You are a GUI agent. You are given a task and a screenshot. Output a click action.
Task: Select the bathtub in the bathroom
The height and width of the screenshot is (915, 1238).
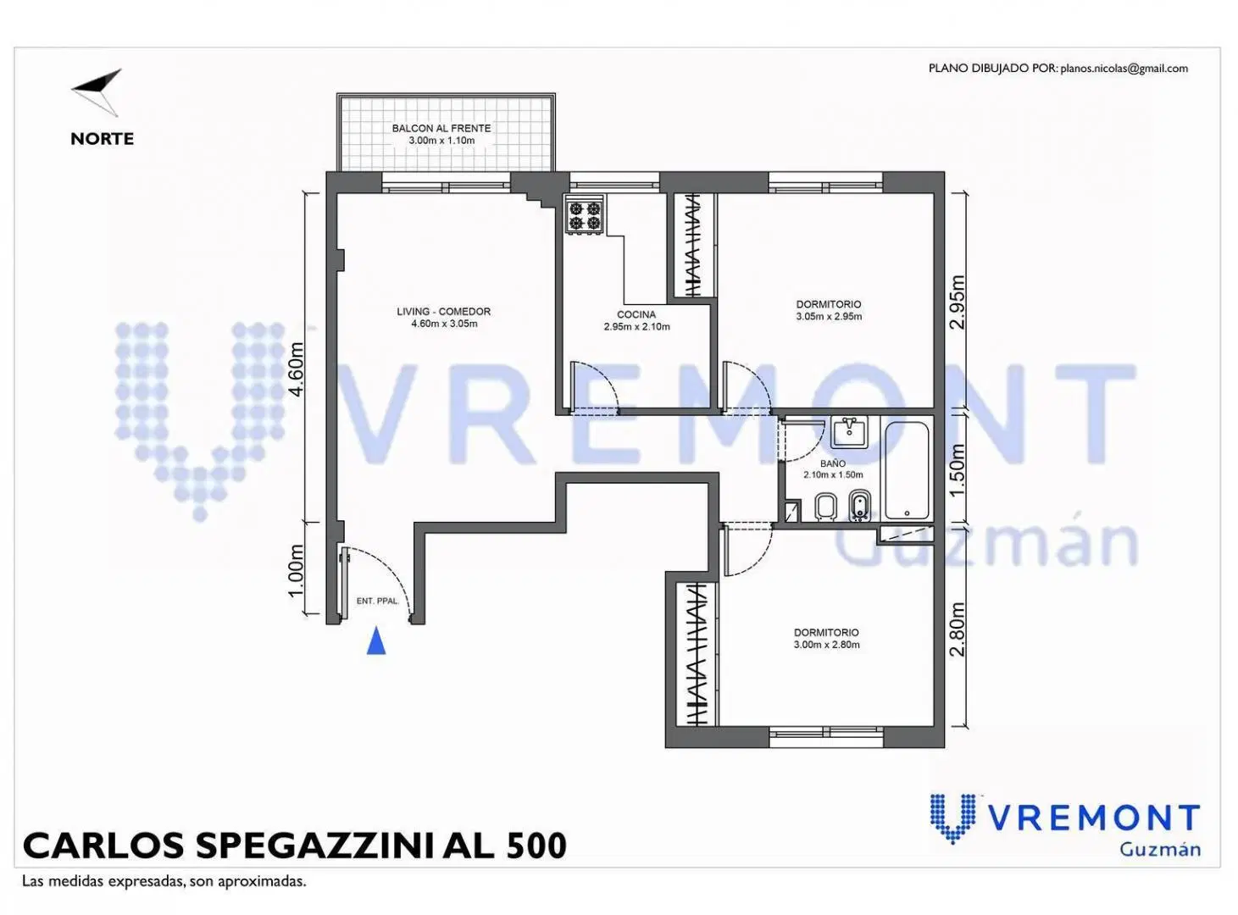(x=907, y=470)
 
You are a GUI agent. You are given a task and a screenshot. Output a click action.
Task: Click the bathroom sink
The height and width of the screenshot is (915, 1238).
(x=850, y=432)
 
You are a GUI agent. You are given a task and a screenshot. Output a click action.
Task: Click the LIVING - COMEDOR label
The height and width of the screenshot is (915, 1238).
(x=444, y=312)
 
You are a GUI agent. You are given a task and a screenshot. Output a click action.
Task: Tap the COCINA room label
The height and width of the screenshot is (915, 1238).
(x=636, y=315)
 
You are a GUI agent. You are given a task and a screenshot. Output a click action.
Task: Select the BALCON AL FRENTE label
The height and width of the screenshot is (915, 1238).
(x=441, y=129)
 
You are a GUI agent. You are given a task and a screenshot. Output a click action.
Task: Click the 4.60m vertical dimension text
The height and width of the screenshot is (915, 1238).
(x=297, y=369)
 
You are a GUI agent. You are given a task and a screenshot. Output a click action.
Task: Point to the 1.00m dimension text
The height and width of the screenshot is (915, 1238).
(x=296, y=570)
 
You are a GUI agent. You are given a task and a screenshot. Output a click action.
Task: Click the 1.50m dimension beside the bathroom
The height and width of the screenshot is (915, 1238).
(x=958, y=470)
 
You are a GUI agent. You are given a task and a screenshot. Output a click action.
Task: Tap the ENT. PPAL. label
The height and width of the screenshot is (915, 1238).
(x=378, y=602)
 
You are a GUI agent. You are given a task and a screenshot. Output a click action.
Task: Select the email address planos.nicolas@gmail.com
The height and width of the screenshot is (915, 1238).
(x=1124, y=69)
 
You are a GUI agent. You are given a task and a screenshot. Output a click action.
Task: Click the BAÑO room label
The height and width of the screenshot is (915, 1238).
(x=833, y=463)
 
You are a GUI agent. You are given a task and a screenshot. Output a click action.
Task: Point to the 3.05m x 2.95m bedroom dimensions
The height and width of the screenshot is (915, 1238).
(x=829, y=317)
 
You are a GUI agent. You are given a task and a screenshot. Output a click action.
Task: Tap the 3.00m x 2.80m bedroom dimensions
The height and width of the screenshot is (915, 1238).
(x=827, y=645)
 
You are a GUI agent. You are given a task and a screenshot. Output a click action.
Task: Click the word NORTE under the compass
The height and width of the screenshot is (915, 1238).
(x=103, y=139)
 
